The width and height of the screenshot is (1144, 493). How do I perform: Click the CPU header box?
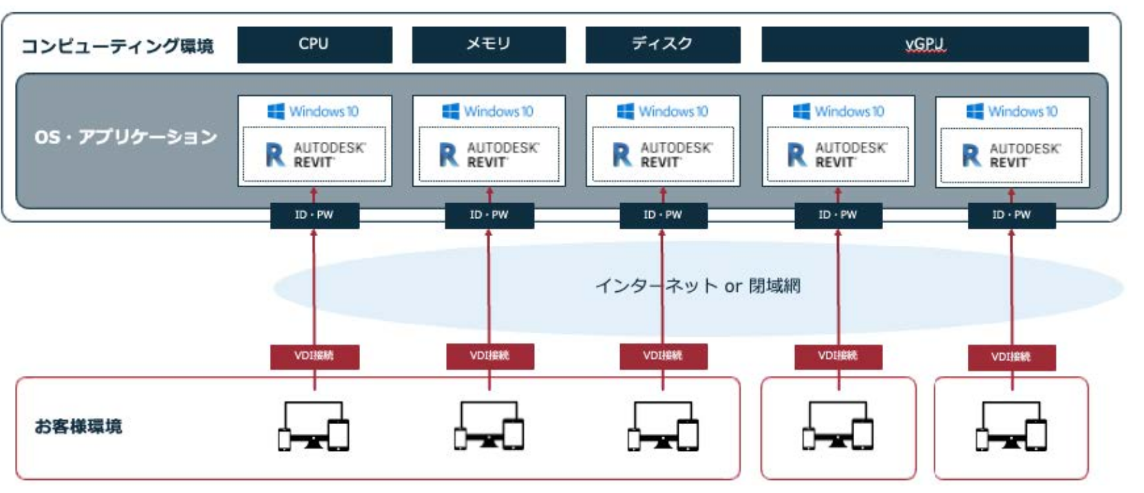[x=314, y=44]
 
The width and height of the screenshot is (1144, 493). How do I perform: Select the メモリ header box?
[x=488, y=44]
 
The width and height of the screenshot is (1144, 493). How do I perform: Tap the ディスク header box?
[x=662, y=44]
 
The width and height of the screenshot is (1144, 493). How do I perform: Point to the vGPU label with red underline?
[x=924, y=45]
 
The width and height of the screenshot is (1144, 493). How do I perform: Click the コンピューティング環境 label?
[x=118, y=46]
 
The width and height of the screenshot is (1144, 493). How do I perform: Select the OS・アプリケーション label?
[x=126, y=137]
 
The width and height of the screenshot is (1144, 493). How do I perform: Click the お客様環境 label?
[x=78, y=427]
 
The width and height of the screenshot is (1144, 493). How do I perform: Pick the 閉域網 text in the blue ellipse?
[x=774, y=286]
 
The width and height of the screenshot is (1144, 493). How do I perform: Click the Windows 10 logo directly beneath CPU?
[x=313, y=112]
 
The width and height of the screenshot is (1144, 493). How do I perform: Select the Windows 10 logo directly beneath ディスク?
[x=662, y=112]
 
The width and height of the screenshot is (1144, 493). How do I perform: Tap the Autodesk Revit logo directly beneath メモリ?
[x=489, y=155]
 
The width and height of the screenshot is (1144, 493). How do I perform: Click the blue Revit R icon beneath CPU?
[x=275, y=155]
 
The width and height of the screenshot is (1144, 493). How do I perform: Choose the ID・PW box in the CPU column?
[x=314, y=216]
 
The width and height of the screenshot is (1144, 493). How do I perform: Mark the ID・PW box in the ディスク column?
[x=662, y=216]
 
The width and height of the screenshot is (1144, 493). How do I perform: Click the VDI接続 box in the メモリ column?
[x=489, y=356]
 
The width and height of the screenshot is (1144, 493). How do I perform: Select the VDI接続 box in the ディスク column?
[x=663, y=356]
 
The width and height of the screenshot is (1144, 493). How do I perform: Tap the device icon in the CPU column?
[x=314, y=426]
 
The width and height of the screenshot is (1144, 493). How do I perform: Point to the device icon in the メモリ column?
[x=489, y=426]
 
